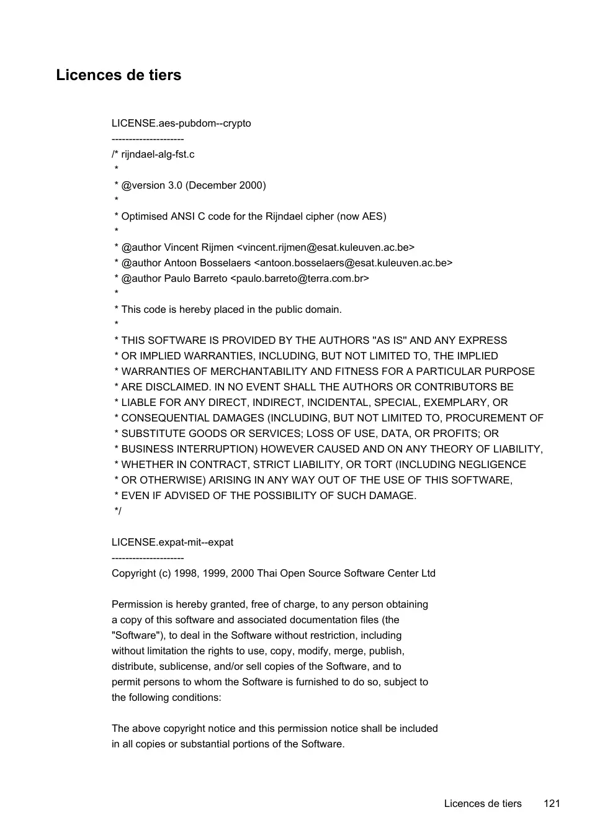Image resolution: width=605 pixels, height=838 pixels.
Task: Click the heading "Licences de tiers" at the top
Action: [x=119, y=75]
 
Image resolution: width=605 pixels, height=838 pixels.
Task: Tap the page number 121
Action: [x=552, y=803]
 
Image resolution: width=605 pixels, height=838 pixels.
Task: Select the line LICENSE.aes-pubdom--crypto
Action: [x=181, y=123]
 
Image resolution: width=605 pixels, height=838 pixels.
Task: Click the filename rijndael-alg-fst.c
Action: [x=158, y=154]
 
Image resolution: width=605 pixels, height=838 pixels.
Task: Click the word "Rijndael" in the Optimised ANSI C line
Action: [x=284, y=216]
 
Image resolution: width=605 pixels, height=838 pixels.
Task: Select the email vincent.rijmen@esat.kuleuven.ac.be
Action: [x=326, y=247]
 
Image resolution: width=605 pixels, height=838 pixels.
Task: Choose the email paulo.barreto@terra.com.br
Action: [x=300, y=278]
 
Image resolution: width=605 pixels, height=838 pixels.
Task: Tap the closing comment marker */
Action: [x=118, y=511]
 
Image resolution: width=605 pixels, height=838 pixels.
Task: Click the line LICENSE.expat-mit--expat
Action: [x=173, y=542]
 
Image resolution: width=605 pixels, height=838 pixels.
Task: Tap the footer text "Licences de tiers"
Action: [x=483, y=803]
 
